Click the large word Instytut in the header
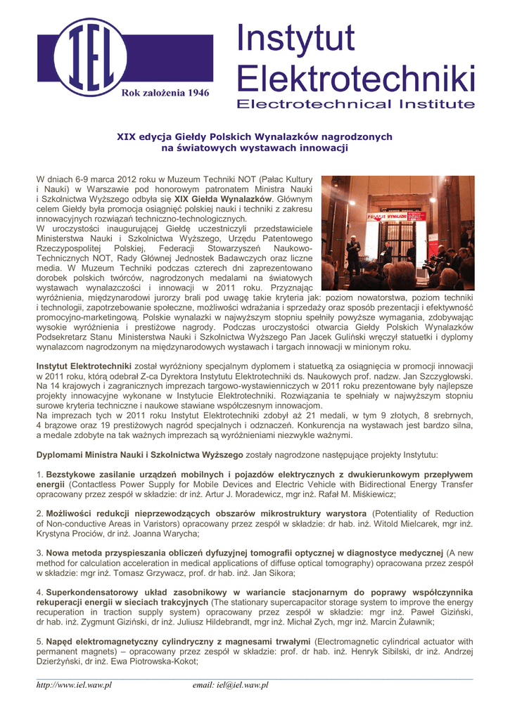coord(295,39)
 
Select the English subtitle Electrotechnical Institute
coord(355,104)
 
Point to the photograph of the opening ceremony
coord(397,233)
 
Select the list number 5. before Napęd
coord(40,642)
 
